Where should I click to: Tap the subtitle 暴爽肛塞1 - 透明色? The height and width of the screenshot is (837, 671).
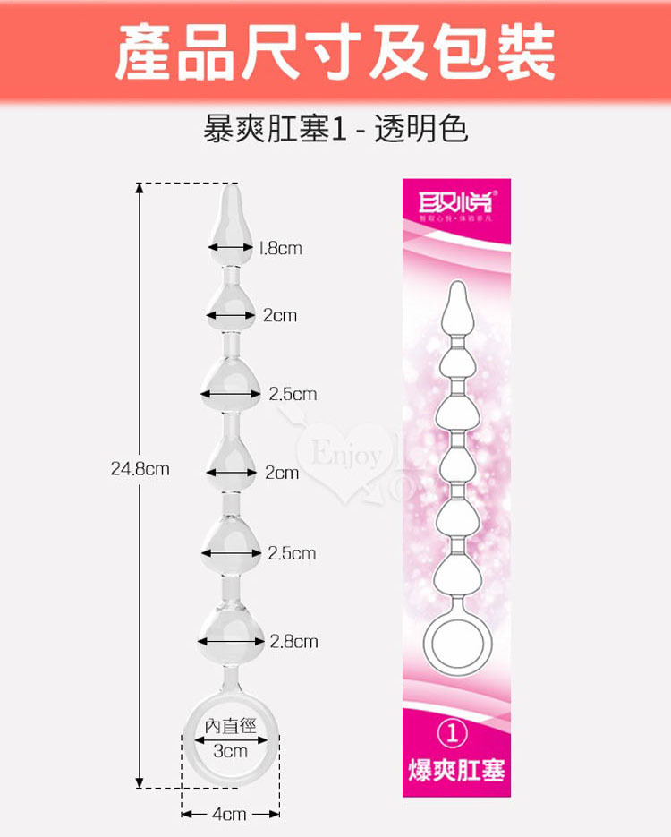point(335,130)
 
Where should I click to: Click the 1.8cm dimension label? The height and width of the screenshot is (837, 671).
point(279,248)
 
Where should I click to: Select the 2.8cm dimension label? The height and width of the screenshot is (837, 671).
point(293,641)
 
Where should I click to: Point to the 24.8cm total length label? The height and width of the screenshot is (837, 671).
point(140,467)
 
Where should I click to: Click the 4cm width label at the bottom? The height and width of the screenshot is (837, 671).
point(229,814)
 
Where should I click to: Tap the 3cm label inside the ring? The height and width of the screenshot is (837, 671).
point(230,751)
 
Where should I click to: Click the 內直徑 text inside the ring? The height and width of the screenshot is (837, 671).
point(230,726)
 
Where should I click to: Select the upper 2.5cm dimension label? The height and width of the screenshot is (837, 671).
point(293,394)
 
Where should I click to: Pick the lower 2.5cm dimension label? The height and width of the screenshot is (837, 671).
point(292,553)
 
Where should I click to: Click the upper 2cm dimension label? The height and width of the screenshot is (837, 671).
point(280,315)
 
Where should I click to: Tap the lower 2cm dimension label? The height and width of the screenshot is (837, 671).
point(282,472)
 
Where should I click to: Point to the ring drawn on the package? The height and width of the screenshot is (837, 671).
point(454,647)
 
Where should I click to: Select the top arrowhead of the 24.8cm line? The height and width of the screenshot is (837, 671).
point(140,187)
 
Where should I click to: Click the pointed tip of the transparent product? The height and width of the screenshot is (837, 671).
point(230,187)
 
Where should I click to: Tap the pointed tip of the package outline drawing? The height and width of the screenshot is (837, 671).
point(455,286)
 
